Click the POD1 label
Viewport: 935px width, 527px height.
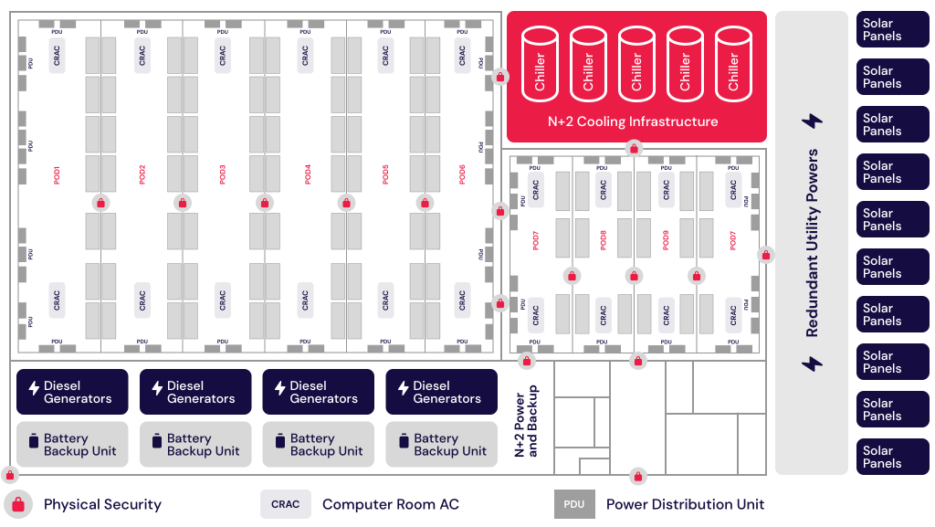pos(57,174)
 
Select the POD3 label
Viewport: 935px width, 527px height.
pos(223,174)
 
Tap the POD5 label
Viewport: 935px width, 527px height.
pos(385,174)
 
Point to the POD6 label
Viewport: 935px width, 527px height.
pos(462,174)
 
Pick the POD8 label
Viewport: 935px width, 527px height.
pos(603,240)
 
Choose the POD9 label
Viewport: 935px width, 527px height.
pos(666,240)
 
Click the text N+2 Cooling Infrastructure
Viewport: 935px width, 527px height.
pos(633,121)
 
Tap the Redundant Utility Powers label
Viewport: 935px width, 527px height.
pos(812,243)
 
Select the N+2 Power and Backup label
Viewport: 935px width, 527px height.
pos(527,420)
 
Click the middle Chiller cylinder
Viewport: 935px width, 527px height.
pos(636,64)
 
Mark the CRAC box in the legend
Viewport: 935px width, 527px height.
pos(286,504)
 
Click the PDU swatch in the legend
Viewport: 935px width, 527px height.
pos(574,504)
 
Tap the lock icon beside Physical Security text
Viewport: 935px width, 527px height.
pos(18,504)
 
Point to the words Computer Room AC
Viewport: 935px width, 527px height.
pos(390,504)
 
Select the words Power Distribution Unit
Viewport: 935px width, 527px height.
pos(685,504)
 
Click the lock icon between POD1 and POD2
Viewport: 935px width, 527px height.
pos(101,203)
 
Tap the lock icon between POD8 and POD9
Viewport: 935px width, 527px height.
pos(634,275)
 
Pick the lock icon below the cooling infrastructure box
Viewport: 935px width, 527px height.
pos(634,147)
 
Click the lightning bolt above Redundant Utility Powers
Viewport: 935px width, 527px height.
pos(812,121)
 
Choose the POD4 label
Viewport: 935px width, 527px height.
pos(307,174)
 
